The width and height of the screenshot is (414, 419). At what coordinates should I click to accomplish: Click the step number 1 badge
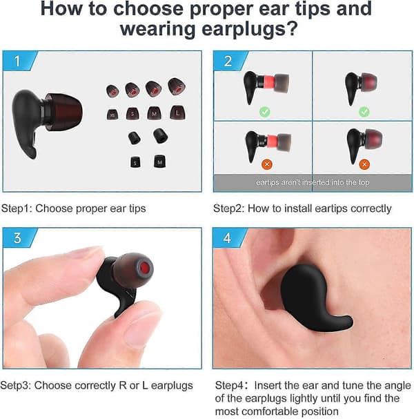pos(19,61)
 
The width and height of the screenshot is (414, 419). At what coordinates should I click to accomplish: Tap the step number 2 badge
pos(230,61)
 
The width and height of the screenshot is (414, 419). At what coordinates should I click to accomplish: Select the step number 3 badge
pos(19,238)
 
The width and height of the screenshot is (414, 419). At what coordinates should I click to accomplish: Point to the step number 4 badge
pos(229,238)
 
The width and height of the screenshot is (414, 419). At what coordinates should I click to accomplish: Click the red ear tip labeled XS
pos(112,114)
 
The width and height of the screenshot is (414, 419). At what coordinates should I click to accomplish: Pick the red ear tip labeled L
pos(177,113)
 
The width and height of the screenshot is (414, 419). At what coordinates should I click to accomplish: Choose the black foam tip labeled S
pos(136,162)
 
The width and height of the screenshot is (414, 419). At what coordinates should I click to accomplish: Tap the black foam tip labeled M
pos(159,161)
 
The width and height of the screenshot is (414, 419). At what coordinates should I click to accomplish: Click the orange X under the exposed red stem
pos(267,164)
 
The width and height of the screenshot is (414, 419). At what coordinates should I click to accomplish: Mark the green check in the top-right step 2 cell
pos(364,111)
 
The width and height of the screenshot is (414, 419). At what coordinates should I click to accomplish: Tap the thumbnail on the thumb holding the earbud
pos(139,332)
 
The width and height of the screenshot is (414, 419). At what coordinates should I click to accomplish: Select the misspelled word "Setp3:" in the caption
pos(16,385)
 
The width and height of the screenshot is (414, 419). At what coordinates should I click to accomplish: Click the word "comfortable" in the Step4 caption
pos(270,411)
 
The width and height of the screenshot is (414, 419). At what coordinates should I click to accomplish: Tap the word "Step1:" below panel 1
pos(17,208)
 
